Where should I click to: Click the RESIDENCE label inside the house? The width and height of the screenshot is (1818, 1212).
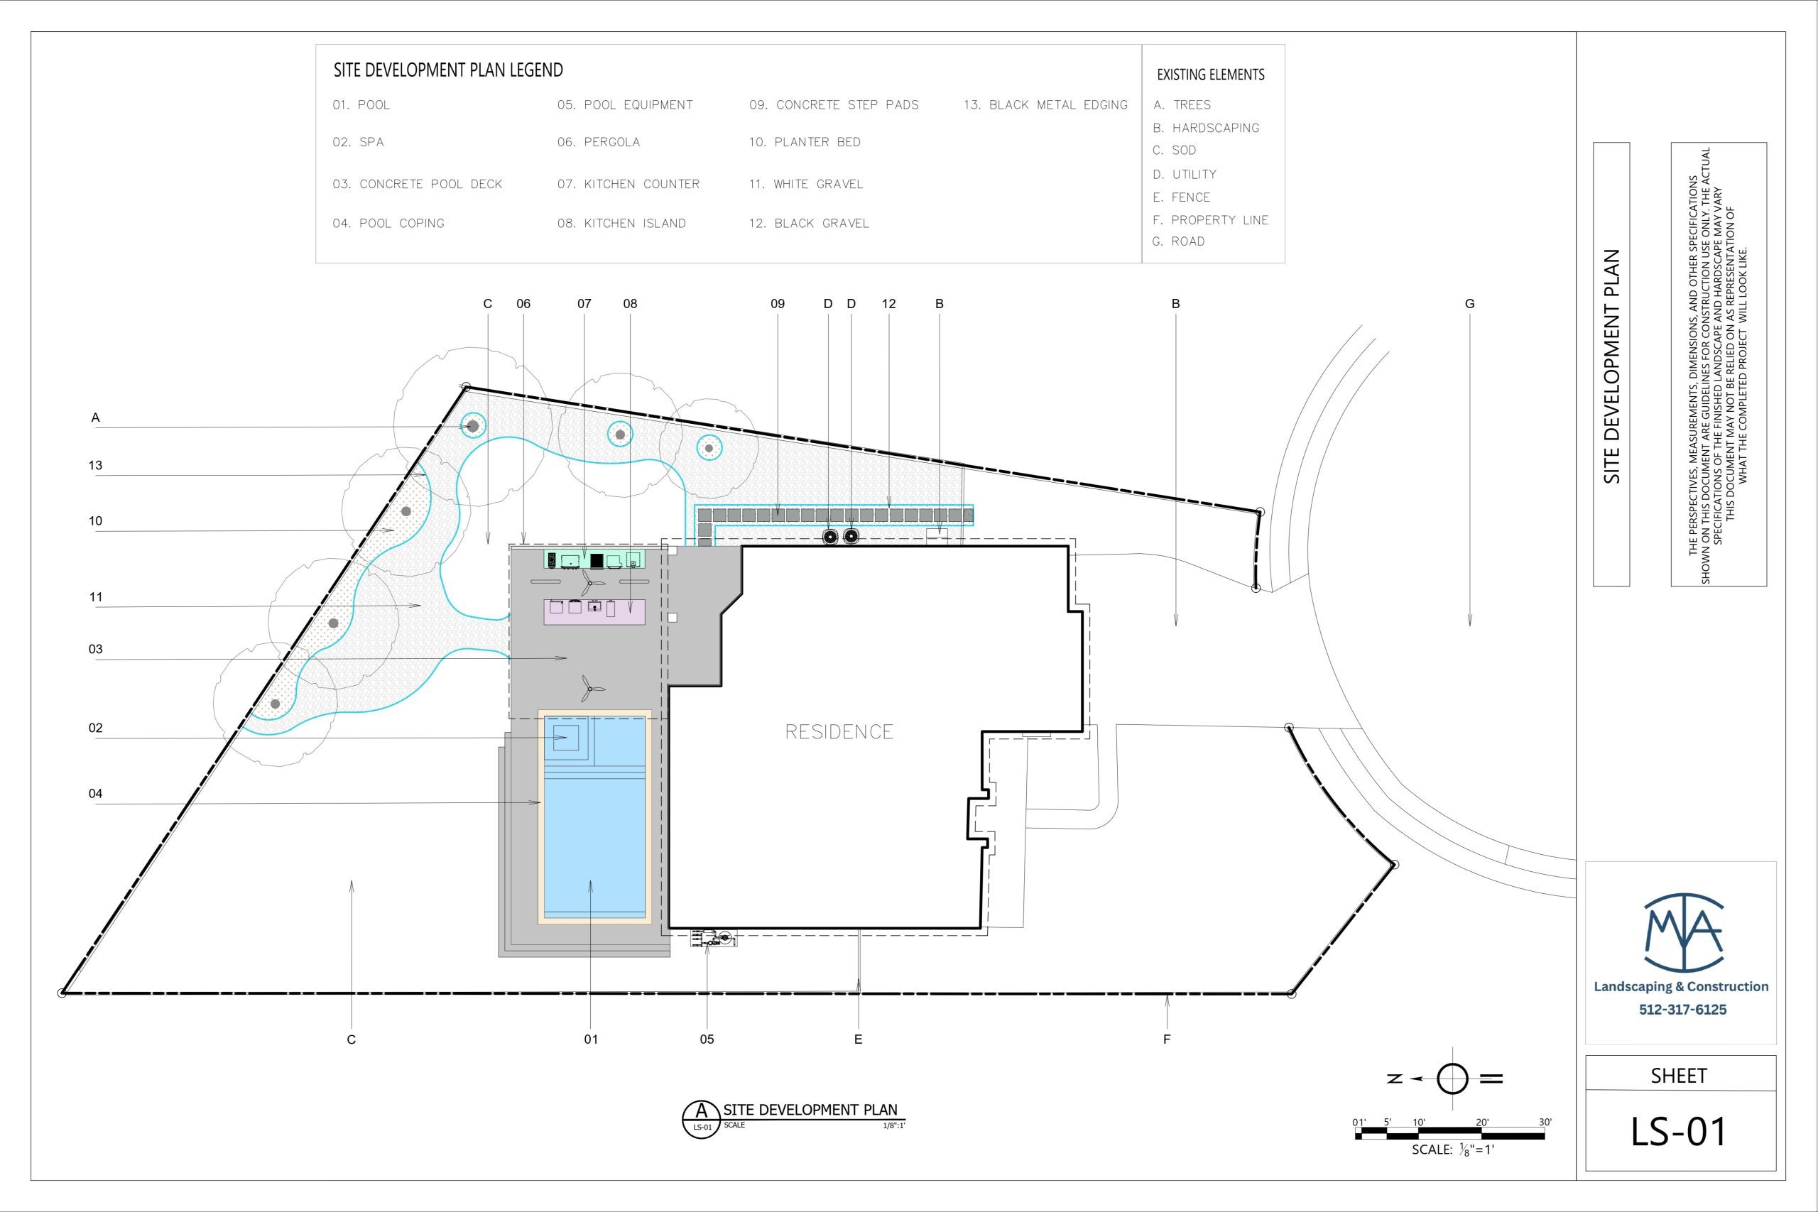[x=839, y=731]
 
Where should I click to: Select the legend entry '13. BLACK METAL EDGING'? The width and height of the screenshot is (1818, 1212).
[x=1045, y=105]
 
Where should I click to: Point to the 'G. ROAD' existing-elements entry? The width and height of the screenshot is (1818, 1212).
[x=1178, y=241]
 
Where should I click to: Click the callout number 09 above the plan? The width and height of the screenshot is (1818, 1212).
[x=778, y=304]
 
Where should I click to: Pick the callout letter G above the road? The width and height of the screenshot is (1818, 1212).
[x=1469, y=304]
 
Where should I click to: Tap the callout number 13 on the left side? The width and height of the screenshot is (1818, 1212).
[x=95, y=465]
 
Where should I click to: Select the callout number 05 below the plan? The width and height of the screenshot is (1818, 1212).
[x=707, y=1039]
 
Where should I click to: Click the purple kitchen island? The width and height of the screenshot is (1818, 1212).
[x=594, y=611]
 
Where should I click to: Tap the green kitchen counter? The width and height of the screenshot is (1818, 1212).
[x=594, y=559]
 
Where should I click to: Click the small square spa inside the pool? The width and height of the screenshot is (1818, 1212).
[x=566, y=738]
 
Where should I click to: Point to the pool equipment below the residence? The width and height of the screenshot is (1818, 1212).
[x=714, y=939]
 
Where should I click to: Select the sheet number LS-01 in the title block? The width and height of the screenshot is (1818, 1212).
[x=1678, y=1132]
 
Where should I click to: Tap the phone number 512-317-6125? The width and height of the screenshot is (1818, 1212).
[x=1682, y=1010]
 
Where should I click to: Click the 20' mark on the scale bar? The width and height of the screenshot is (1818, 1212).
[x=1482, y=1123]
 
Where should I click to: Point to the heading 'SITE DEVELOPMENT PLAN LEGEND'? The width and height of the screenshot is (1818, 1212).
[x=448, y=70]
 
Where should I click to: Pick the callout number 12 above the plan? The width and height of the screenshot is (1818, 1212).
[x=889, y=304]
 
